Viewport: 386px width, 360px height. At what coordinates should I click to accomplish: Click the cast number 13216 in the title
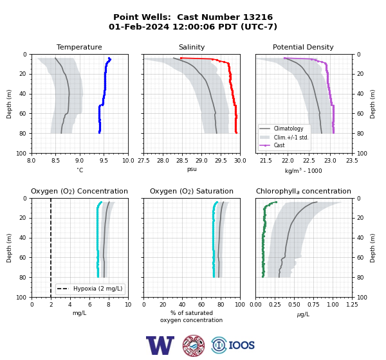pos(258,17)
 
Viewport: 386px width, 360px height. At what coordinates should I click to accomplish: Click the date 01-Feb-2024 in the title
pos(139,26)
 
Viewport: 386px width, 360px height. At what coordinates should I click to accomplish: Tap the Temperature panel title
pos(79,47)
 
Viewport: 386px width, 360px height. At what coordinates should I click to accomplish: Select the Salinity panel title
pos(192,47)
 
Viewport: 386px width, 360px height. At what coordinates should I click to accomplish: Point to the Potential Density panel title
pos(303,47)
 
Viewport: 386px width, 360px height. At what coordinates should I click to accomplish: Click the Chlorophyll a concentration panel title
pos(304,191)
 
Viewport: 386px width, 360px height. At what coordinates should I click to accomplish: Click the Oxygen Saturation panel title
pos(192,191)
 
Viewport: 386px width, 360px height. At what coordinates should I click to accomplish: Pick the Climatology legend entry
pos(288,129)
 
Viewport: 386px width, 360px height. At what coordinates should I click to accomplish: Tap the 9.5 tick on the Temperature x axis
pos(104,161)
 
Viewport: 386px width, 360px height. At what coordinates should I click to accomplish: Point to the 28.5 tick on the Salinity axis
pos(182,161)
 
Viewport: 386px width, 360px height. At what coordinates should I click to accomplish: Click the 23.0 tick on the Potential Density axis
pos(330,161)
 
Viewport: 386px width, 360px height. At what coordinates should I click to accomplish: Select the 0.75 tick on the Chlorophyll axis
pos(313,305)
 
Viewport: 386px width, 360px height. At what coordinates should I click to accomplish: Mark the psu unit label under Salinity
pos(192,169)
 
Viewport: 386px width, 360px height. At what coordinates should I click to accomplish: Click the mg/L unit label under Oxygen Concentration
pos(79,313)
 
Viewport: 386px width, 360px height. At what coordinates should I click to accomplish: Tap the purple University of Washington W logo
pos(160,345)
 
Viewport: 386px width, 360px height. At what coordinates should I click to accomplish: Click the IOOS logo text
pos(241,345)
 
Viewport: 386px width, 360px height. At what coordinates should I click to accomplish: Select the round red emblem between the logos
pos(194,345)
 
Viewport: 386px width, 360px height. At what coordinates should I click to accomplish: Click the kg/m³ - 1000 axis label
pos(303,170)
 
